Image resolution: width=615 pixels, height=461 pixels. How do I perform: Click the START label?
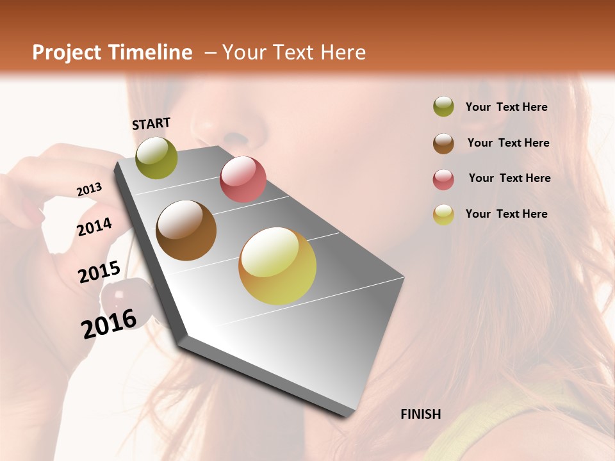click(x=151, y=124)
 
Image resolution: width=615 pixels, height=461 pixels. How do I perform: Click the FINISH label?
click(x=421, y=414)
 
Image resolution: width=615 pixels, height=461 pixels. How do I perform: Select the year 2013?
click(x=90, y=189)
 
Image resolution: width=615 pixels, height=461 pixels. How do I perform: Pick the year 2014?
click(x=95, y=227)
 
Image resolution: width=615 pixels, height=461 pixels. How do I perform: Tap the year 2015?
click(x=99, y=273)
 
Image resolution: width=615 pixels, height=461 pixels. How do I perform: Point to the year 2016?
click(x=110, y=323)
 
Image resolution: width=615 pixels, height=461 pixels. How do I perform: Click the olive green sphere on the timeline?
click(x=156, y=158)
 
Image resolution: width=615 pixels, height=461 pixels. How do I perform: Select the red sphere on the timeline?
click(x=243, y=179)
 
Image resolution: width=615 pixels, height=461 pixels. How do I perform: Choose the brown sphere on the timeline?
click(x=186, y=230)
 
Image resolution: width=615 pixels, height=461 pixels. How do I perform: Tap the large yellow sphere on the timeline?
click(x=277, y=266)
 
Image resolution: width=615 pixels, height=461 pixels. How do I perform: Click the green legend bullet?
click(x=443, y=107)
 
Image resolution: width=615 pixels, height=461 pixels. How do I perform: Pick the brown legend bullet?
click(x=443, y=143)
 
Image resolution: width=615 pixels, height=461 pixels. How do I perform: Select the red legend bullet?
click(x=443, y=179)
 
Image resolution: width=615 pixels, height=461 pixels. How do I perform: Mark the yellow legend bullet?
click(x=443, y=215)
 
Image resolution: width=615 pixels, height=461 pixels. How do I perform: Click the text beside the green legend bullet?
click(x=507, y=107)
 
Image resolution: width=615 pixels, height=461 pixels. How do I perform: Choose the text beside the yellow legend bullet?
click(x=507, y=214)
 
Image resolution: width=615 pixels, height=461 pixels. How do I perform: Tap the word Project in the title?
click(x=67, y=53)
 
